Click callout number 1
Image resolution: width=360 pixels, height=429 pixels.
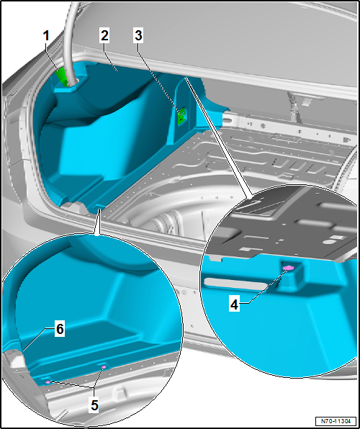click(x=46, y=36)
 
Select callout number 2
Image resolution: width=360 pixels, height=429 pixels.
click(x=104, y=36)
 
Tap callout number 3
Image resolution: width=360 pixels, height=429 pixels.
click(x=138, y=36)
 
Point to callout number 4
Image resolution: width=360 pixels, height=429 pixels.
click(x=234, y=305)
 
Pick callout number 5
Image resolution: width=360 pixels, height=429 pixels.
click(x=94, y=406)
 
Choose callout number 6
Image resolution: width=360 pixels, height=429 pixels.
click(x=60, y=329)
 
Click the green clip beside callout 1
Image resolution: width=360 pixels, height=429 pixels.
click(x=62, y=76)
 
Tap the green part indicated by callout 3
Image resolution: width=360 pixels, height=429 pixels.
click(x=181, y=117)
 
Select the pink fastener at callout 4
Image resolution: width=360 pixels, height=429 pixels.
click(x=288, y=268)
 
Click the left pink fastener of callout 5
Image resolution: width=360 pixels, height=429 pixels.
click(x=48, y=382)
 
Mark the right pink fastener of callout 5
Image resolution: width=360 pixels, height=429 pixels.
click(x=104, y=367)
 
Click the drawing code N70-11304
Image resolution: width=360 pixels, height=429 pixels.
click(x=336, y=420)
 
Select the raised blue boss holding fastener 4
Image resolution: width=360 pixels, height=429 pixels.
click(x=291, y=275)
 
